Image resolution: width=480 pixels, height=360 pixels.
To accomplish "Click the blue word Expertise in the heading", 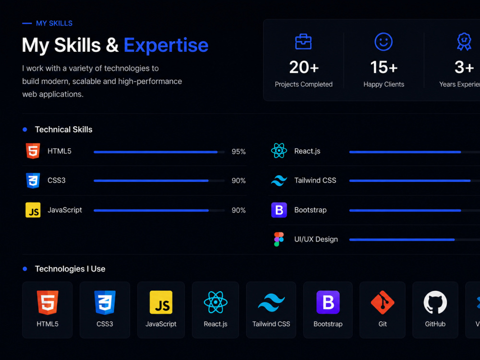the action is (x=166, y=45).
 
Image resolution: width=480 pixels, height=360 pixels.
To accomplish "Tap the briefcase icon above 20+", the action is (x=303, y=42).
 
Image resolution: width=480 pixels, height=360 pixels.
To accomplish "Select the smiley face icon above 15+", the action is (x=384, y=42).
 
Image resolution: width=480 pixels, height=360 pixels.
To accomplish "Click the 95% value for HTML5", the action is (x=239, y=152).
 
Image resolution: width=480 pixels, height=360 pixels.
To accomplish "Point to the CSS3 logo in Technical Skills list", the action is (x=33, y=180).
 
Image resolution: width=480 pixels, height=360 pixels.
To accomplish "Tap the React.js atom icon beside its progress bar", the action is (x=279, y=151).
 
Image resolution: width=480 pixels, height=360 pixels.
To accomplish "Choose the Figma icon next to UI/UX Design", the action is (x=279, y=240).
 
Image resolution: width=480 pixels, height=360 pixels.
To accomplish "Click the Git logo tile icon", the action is (x=383, y=302).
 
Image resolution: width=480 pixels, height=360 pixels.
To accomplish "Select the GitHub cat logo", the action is (x=435, y=302).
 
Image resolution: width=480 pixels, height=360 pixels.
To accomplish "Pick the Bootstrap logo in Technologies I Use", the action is (x=328, y=302).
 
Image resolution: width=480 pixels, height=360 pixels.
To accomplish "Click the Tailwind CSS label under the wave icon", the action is (x=271, y=324).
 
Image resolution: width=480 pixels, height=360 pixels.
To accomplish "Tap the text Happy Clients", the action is (x=384, y=84).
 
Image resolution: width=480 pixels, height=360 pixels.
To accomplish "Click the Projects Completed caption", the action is (x=303, y=84).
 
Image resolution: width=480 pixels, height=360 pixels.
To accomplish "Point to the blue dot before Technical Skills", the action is (x=25, y=130).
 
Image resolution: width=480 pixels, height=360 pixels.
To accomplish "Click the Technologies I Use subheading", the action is (x=70, y=269).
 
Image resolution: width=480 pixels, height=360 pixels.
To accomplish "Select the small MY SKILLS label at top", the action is (x=54, y=23).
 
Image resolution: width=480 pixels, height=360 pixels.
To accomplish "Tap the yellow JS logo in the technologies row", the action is (x=161, y=302).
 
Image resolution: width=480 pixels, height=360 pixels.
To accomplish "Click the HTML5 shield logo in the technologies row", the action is (x=48, y=302).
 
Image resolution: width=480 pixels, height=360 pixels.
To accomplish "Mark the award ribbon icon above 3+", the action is (x=464, y=42).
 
